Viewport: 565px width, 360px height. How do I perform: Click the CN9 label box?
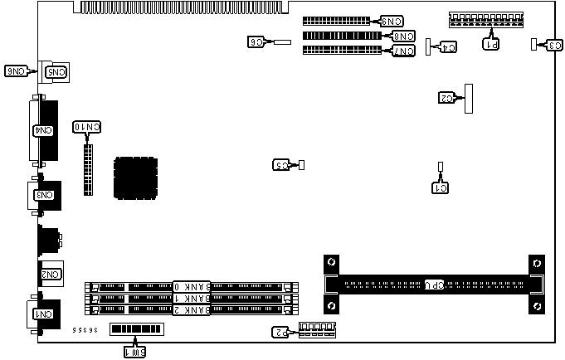coord(392,21)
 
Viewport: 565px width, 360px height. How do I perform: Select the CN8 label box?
coord(403,36)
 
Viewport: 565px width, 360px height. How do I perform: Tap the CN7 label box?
coord(403,51)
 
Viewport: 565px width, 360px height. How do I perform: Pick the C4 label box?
coord(446,47)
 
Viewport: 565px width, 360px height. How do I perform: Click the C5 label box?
coord(282,165)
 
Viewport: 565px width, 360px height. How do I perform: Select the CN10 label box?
coord(88,127)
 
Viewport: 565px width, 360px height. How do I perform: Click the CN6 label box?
coord(17,71)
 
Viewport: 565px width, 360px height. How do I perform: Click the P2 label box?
coord(282,333)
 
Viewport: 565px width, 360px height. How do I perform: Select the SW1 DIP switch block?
coord(137,330)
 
